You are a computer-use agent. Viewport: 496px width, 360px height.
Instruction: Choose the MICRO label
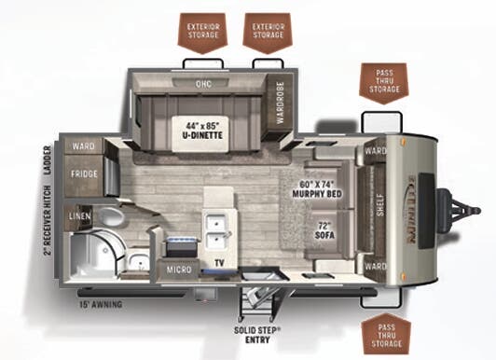pyautogui.click(x=181, y=269)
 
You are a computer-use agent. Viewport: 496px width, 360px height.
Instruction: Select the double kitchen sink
pyautogui.click(x=218, y=224)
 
